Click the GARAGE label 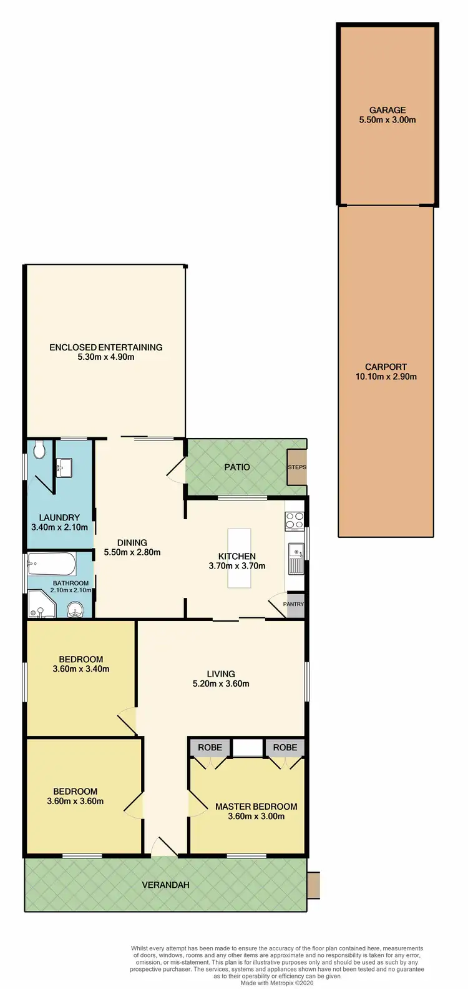(387, 110)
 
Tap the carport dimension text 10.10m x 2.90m (386, 377)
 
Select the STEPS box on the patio (296, 467)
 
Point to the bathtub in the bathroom (52, 564)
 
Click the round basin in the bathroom (75, 609)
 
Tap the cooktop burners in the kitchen (295, 520)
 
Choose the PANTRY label (293, 604)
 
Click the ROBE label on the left (210, 747)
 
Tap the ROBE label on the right (285, 747)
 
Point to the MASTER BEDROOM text (256, 807)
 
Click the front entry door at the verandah (164, 848)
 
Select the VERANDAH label (165, 885)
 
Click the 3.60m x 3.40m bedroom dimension (81, 669)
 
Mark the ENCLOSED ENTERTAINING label (106, 347)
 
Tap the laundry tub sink (64, 467)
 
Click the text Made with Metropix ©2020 (277, 983)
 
